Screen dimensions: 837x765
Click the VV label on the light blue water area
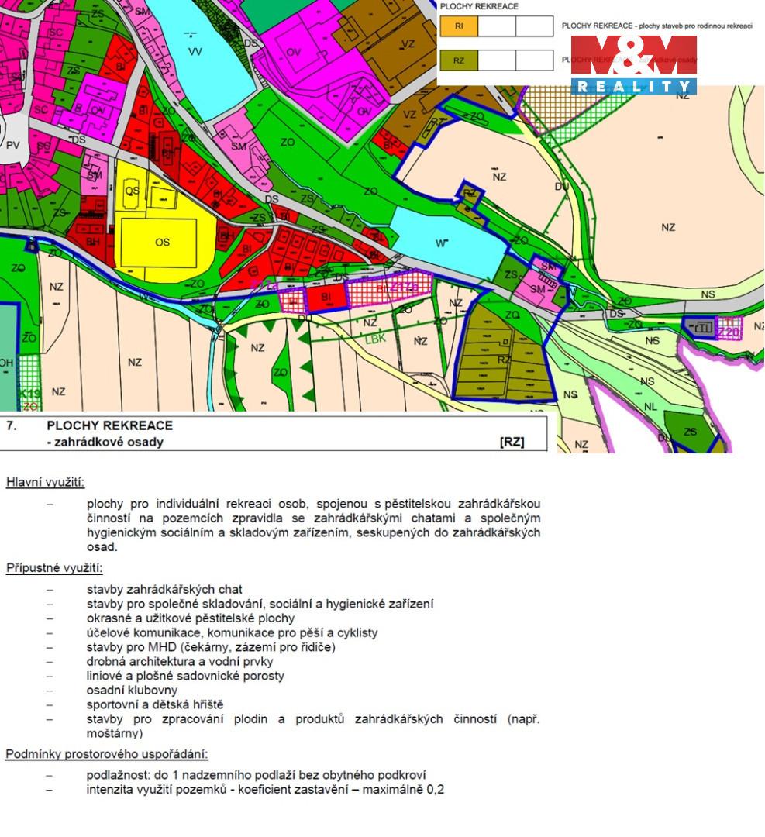click(194, 51)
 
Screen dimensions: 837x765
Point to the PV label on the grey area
click(12, 145)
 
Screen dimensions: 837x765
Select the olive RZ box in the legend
click(459, 60)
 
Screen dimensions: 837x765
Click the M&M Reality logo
click(633, 65)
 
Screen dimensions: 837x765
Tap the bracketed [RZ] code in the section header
click(512, 442)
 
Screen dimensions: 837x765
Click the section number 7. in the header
click(12, 425)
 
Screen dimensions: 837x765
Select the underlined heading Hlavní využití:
click(46, 483)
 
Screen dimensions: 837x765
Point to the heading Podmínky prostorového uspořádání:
click(106, 753)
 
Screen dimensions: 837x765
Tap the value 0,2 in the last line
click(436, 790)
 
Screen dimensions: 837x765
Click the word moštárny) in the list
click(115, 733)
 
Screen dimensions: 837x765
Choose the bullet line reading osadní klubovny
click(132, 690)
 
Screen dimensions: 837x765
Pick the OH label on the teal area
click(6, 362)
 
